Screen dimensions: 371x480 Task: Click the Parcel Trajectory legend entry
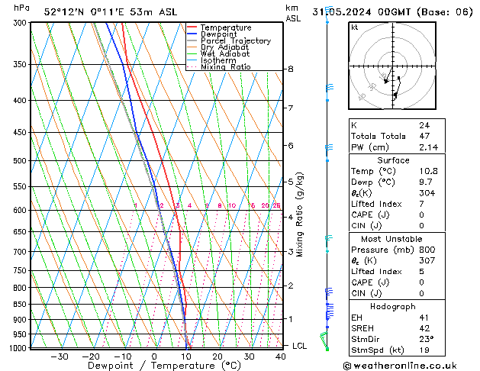click(235, 40)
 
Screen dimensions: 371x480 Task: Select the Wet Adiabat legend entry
click(227, 53)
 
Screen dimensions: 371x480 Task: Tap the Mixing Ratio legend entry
click(225, 67)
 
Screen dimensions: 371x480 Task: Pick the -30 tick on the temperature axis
click(60, 356)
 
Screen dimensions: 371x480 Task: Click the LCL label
click(300, 346)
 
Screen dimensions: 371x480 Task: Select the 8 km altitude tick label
click(290, 69)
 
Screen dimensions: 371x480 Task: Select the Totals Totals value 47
click(424, 136)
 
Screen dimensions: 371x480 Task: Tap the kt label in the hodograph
click(354, 27)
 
